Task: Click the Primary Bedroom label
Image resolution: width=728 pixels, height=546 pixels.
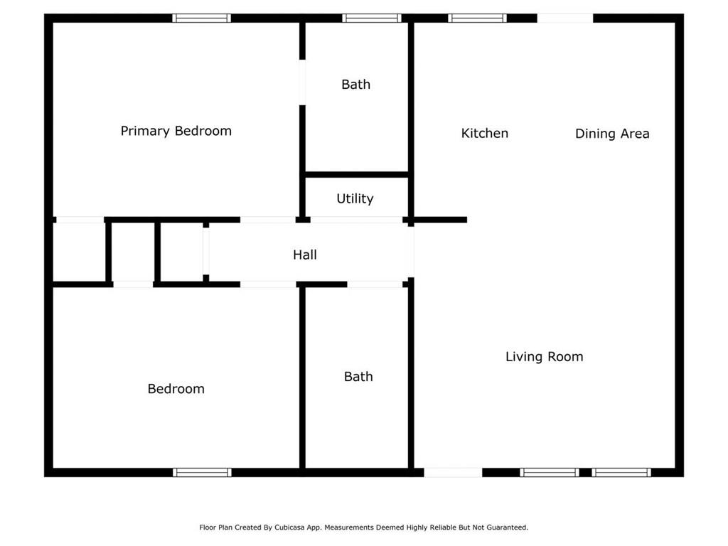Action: (176, 131)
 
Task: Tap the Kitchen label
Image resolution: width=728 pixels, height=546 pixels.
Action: (484, 133)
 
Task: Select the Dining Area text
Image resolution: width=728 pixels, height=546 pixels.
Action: (611, 134)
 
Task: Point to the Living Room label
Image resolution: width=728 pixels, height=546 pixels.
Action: (544, 357)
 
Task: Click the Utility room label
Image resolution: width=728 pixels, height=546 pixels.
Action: (355, 199)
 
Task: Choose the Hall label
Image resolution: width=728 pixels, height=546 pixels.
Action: (305, 255)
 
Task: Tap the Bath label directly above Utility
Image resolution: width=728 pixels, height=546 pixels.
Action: (355, 85)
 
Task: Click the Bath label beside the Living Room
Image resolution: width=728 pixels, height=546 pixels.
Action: (358, 377)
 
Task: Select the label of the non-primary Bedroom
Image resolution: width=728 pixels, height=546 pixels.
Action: (176, 389)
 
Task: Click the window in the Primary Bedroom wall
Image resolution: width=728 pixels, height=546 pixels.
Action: (202, 18)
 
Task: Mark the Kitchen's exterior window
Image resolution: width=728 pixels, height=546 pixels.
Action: (477, 18)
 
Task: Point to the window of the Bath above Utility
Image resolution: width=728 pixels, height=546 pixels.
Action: (371, 18)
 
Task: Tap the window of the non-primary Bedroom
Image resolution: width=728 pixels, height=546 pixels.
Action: (202, 472)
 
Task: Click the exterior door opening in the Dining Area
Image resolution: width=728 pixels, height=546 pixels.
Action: (564, 18)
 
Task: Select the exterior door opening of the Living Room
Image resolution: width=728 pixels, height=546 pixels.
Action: (453, 472)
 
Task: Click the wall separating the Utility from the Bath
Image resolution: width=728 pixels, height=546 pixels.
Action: (356, 173)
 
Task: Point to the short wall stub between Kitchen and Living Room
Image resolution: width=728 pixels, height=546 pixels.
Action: (440, 220)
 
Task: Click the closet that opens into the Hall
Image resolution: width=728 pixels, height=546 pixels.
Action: (182, 253)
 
